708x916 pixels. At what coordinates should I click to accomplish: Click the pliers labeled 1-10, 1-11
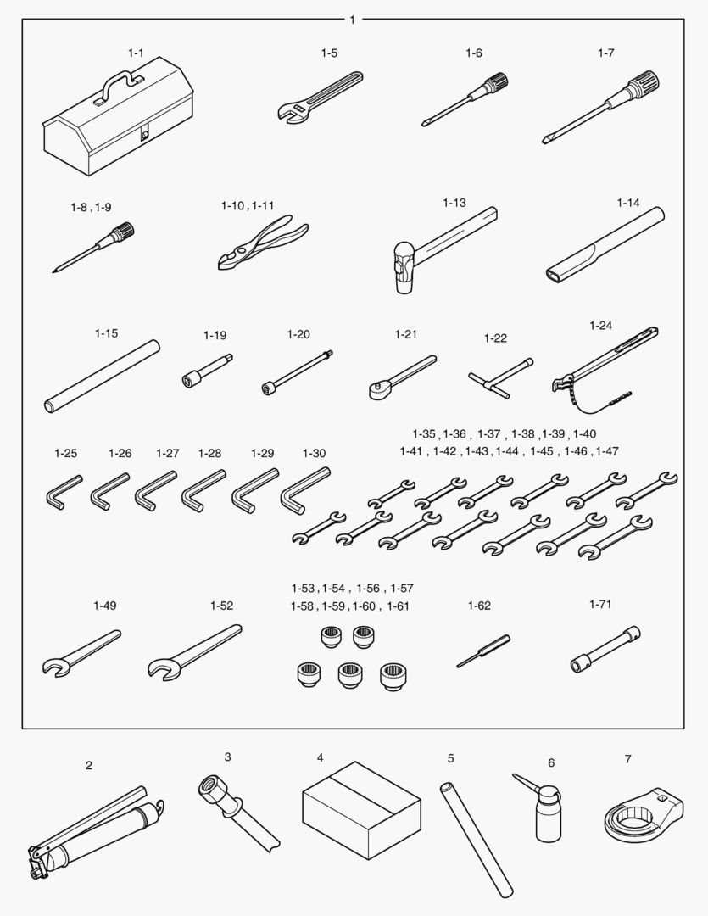pyautogui.click(x=263, y=242)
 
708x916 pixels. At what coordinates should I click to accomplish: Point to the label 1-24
pyautogui.click(x=600, y=326)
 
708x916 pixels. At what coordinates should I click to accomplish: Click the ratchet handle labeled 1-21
pyautogui.click(x=403, y=377)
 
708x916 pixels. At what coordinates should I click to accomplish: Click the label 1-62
pyautogui.click(x=479, y=606)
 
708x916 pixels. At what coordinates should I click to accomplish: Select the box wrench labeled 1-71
pyautogui.click(x=605, y=650)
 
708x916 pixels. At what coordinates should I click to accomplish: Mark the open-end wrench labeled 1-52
pyautogui.click(x=194, y=652)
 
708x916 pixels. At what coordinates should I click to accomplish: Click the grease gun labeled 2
pyautogui.click(x=97, y=832)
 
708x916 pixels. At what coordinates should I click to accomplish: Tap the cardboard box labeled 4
pyautogui.click(x=361, y=810)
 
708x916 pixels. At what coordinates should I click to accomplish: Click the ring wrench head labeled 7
pyautogui.click(x=643, y=813)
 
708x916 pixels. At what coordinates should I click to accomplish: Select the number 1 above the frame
pyautogui.click(x=352, y=20)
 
